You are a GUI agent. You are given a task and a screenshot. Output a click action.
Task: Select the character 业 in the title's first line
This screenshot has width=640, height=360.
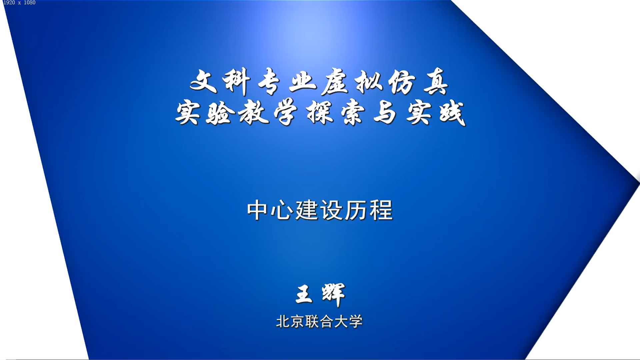click(303, 81)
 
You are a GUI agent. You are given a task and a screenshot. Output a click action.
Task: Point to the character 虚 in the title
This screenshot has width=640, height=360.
click(335, 82)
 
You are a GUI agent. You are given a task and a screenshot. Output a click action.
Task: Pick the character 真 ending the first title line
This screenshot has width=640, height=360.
click(435, 81)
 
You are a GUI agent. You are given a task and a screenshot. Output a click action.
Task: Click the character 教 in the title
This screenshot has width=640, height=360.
click(253, 113)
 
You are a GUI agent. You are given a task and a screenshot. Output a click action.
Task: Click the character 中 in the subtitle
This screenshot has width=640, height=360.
click(257, 210)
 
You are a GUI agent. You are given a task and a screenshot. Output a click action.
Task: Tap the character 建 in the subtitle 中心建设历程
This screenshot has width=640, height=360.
click(307, 210)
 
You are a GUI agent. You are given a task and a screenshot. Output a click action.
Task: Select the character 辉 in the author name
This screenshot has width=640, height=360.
click(333, 295)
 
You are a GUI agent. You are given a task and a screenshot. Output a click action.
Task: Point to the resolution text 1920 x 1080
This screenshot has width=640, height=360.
click(19, 3)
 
